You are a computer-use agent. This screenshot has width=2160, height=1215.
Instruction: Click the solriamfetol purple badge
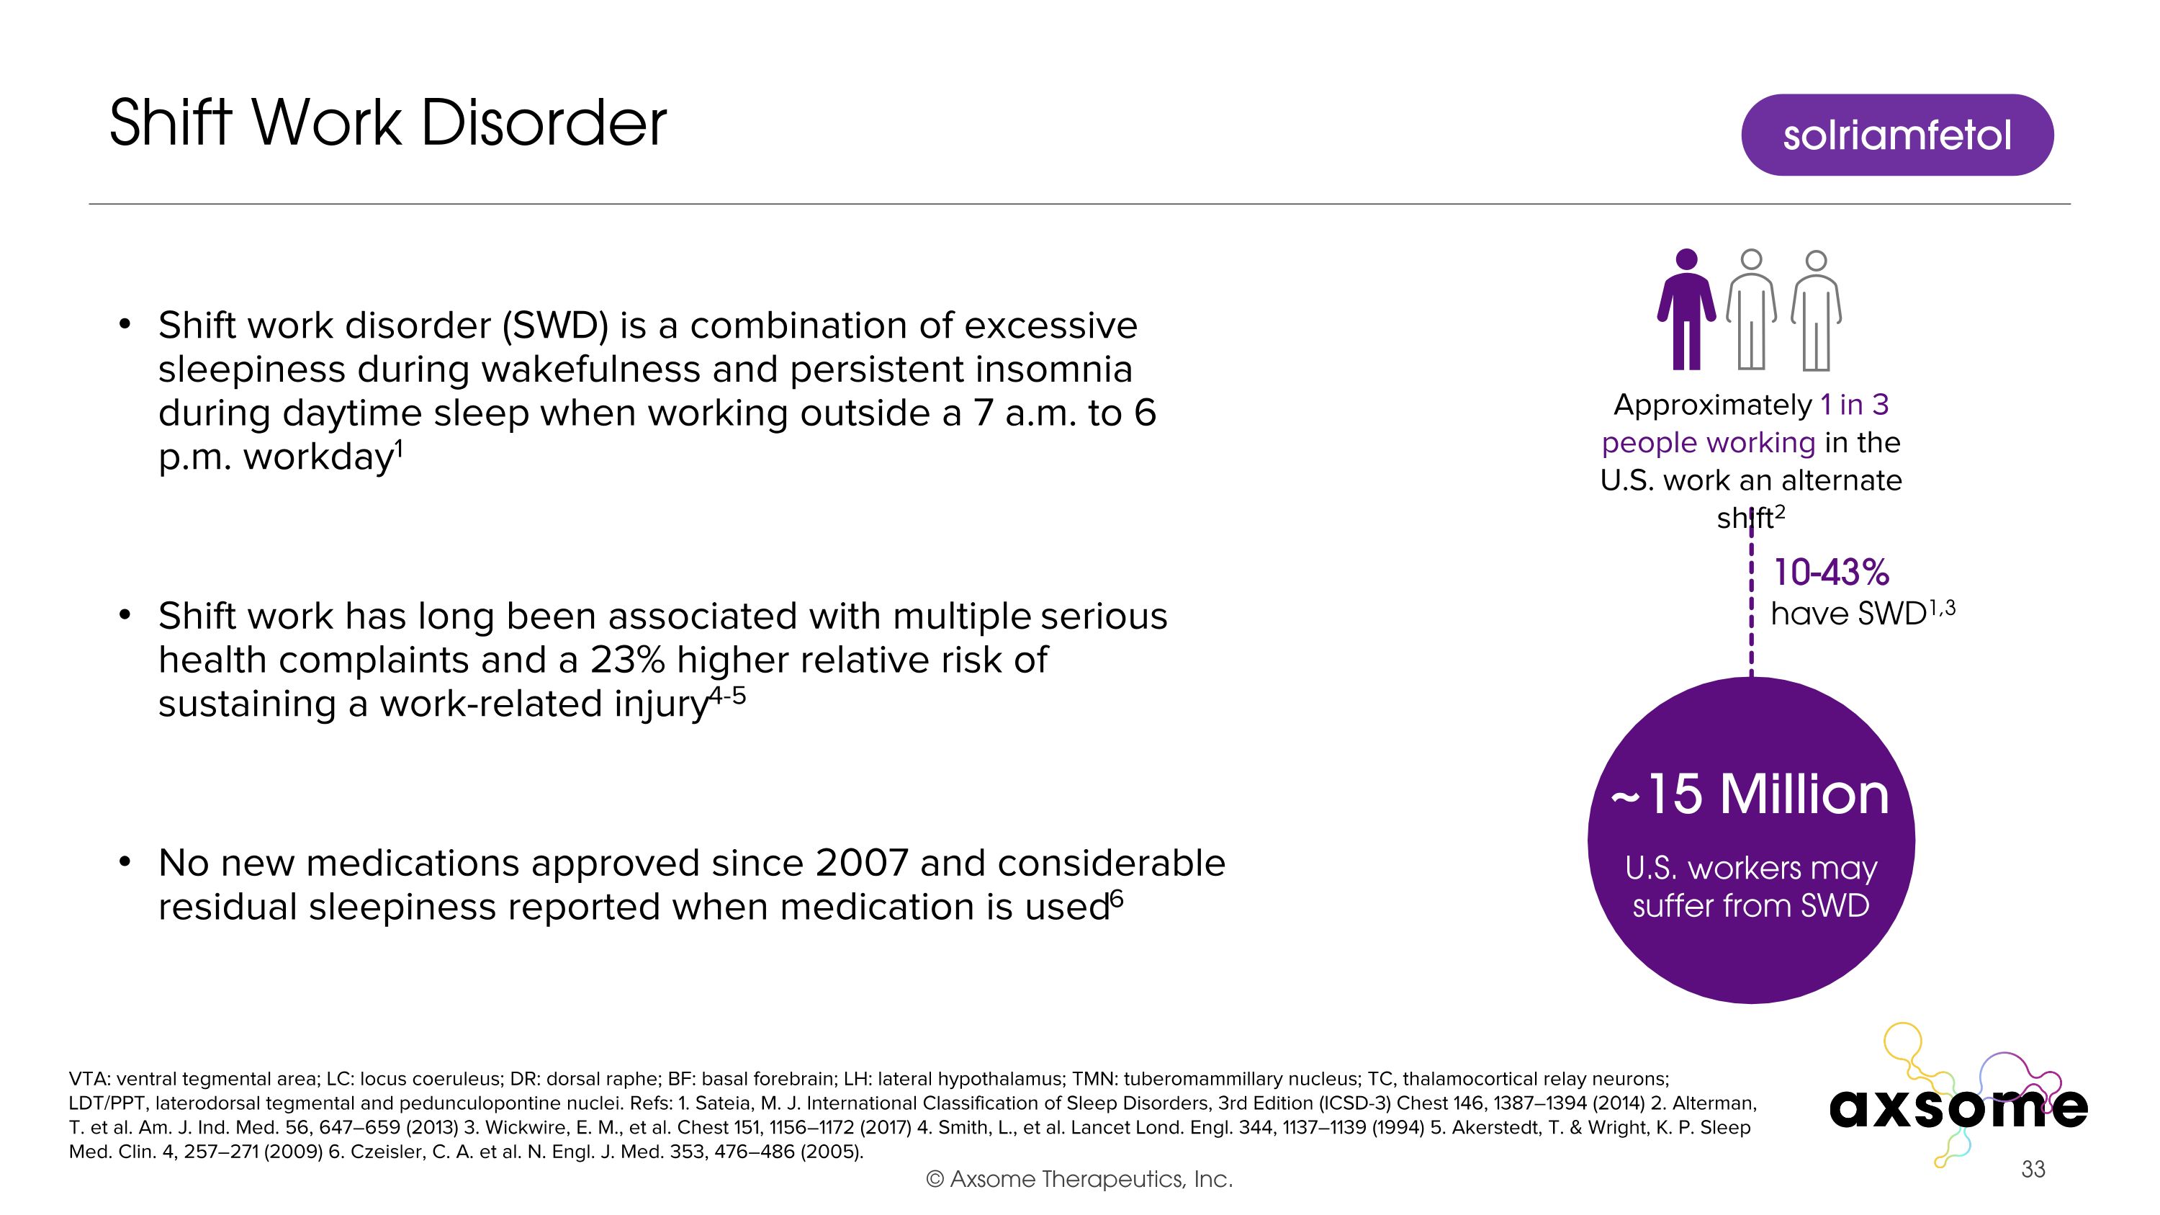(x=1896, y=135)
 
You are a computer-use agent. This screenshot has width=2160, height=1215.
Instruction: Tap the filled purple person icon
(x=1686, y=310)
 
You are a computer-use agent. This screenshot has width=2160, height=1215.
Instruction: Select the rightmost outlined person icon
(x=1817, y=310)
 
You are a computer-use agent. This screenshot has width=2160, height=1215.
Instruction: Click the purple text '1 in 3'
(x=1855, y=405)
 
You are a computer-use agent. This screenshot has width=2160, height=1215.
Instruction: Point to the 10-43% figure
(x=1831, y=573)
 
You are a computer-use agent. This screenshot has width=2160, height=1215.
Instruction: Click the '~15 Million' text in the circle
(x=1751, y=794)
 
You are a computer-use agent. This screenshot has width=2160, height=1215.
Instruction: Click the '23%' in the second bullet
(x=627, y=660)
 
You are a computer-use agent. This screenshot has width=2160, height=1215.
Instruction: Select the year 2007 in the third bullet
(x=862, y=863)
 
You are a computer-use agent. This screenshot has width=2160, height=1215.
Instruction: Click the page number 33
(x=2033, y=1169)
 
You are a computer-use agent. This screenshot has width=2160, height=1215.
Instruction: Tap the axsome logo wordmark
(x=1958, y=1107)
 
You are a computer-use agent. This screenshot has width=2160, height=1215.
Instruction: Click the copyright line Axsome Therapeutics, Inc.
(x=1079, y=1179)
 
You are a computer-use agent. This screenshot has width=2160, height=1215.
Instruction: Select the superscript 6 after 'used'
(x=1116, y=899)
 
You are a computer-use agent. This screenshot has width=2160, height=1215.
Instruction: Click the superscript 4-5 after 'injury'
(x=727, y=695)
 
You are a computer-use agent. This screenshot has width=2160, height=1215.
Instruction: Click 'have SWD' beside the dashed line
(x=1848, y=614)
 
